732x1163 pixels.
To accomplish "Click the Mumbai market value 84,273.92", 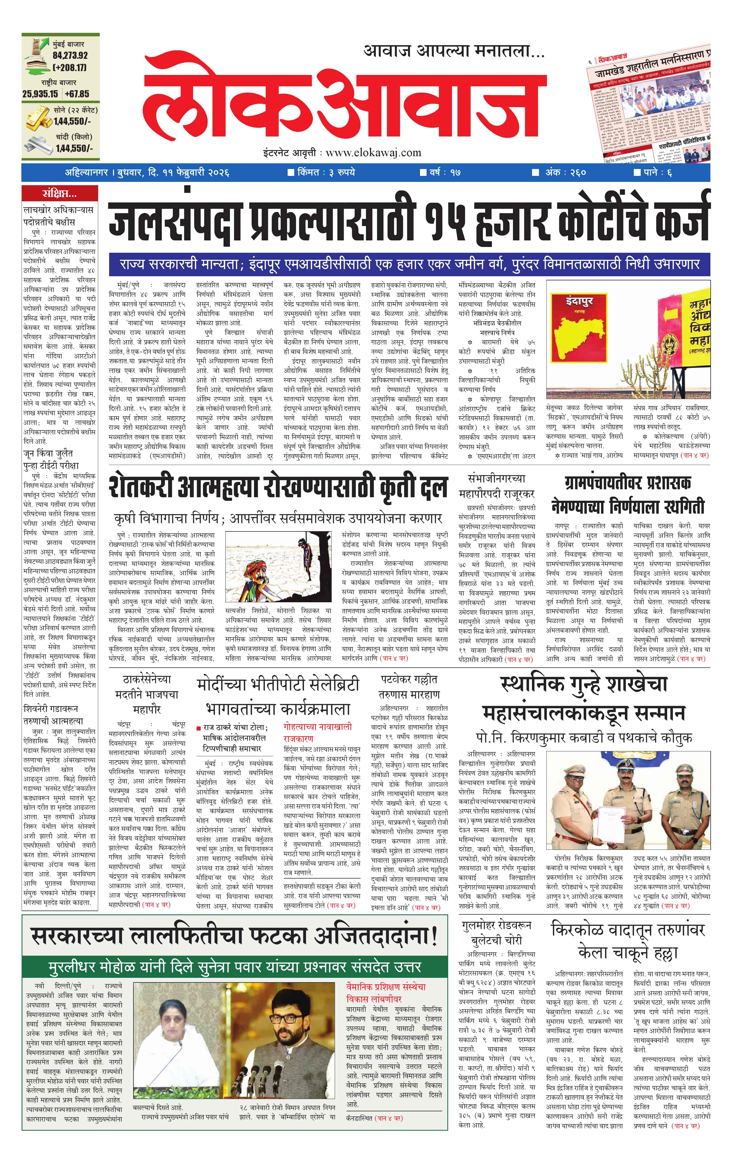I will coord(70,56).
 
